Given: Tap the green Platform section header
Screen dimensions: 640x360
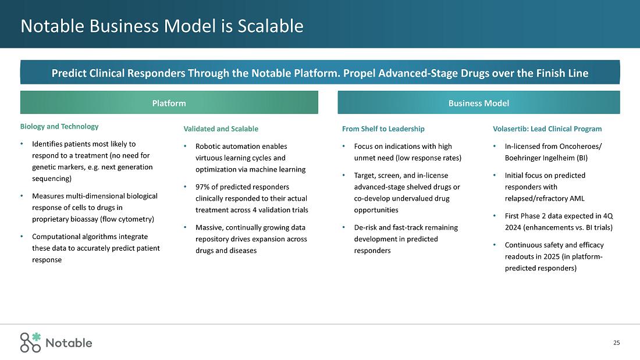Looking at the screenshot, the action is click(169, 103).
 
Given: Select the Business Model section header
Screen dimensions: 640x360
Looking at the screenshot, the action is click(478, 103).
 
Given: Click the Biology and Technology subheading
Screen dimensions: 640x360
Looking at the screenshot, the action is click(59, 126).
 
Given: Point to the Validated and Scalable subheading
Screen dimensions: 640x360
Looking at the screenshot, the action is click(221, 129).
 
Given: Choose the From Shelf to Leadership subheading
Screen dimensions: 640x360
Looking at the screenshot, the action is click(383, 129).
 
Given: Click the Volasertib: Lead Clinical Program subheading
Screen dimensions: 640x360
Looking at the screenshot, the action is click(547, 129).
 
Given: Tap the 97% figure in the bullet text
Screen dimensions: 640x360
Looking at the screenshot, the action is click(203, 187).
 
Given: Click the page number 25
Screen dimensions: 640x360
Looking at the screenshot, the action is click(616, 343).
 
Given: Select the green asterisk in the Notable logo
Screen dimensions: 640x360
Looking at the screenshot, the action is click(37, 337).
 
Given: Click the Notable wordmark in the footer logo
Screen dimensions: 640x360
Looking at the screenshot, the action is click(69, 343).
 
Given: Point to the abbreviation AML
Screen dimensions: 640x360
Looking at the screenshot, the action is click(576, 198).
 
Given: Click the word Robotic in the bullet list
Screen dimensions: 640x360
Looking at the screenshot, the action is click(208, 146).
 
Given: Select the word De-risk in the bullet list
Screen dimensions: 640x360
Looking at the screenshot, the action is click(366, 227).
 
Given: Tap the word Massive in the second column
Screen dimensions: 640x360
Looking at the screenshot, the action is click(208, 227).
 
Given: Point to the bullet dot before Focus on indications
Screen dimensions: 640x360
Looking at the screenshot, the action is click(344, 147).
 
